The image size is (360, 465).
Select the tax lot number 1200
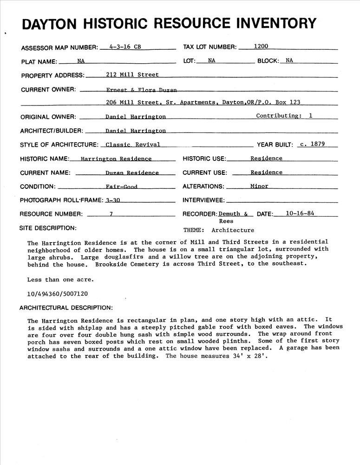(261, 46)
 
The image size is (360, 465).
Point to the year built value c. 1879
(312, 144)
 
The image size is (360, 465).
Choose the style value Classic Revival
(133, 145)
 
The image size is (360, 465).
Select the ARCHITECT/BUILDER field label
(52, 131)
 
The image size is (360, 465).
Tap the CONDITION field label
(38, 186)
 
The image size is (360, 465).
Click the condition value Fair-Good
(121, 186)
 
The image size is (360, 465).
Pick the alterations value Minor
(259, 186)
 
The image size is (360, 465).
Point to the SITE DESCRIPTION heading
(47, 228)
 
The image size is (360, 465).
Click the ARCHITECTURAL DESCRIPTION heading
(65, 307)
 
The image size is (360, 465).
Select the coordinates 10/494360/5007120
(58, 294)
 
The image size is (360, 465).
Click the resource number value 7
(111, 214)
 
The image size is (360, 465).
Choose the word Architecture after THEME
(233, 230)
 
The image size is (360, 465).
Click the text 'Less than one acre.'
(60, 280)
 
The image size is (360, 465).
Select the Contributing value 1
(310, 116)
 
